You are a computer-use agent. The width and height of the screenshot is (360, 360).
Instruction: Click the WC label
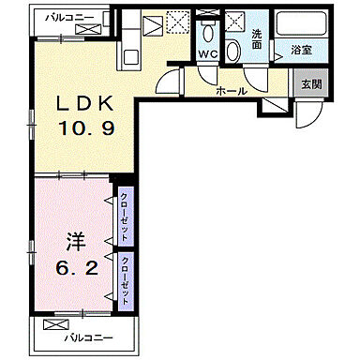pyautogui.click(x=209, y=54)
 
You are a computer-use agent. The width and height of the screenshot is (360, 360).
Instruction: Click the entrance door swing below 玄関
pyautogui.click(x=306, y=114)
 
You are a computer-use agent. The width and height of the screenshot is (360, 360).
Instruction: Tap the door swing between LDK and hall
pyautogui.click(x=169, y=83)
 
